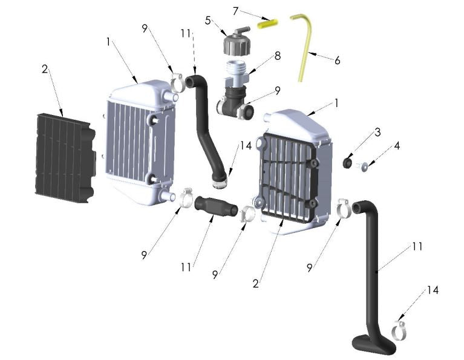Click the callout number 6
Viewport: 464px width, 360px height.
337,61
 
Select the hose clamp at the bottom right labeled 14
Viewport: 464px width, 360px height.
399,330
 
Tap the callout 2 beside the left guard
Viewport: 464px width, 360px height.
45,69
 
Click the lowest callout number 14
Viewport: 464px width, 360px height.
432,290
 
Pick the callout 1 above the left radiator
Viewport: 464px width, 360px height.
108,42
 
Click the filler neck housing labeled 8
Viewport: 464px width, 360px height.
238,85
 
